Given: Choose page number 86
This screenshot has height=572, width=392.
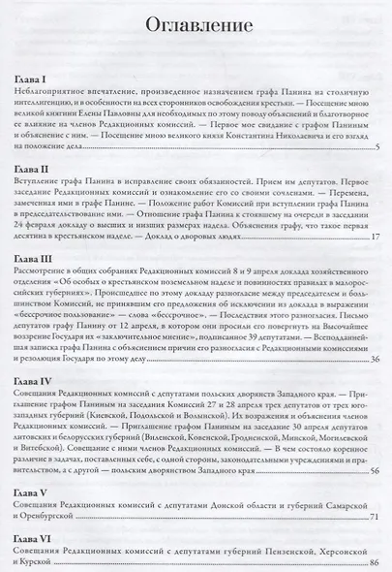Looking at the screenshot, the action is point(374,561).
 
